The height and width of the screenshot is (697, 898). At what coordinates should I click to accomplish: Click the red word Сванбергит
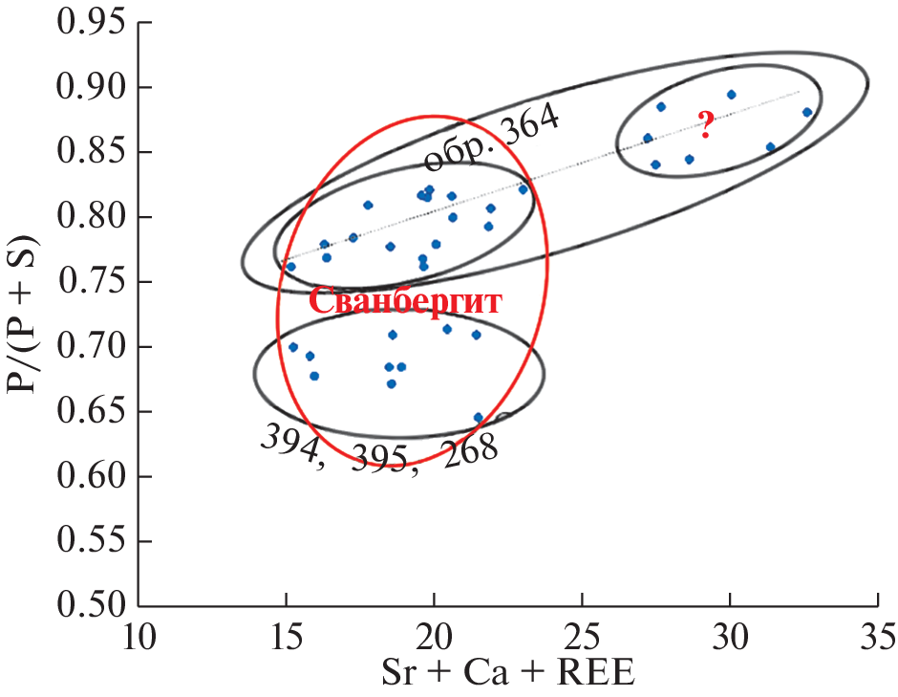[406, 301]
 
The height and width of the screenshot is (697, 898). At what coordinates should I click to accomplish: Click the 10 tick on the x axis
[139, 635]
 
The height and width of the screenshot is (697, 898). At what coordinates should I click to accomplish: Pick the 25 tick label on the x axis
[582, 635]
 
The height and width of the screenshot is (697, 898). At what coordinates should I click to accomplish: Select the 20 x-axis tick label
[434, 635]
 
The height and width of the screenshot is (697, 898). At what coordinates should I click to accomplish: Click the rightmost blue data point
[807, 112]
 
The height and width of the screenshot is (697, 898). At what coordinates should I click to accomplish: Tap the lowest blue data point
[479, 418]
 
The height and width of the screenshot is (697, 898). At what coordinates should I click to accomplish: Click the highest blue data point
[731, 95]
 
